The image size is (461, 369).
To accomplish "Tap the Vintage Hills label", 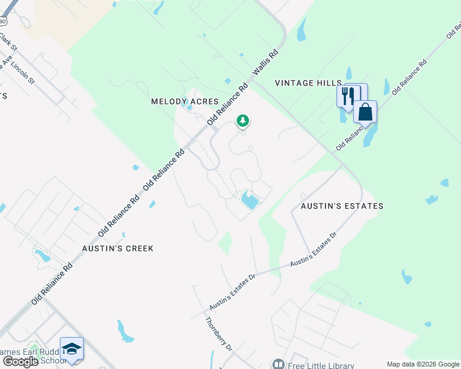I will [308, 83].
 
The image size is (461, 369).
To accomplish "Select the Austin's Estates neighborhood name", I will [342, 206].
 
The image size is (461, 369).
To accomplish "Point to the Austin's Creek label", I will [118, 248].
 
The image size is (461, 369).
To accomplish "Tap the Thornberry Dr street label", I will [219, 334].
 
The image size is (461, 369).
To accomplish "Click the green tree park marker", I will [243, 121].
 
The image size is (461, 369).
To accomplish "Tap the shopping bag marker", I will [365, 113].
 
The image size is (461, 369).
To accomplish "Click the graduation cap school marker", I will [72, 349].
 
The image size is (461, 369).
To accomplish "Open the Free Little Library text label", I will [320, 365].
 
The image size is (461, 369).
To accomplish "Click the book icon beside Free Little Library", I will [279, 365].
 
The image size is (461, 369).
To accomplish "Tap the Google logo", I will [20, 362].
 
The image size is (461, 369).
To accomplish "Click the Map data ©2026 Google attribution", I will [422, 363].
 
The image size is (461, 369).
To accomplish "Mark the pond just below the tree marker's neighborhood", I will [249, 200].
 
